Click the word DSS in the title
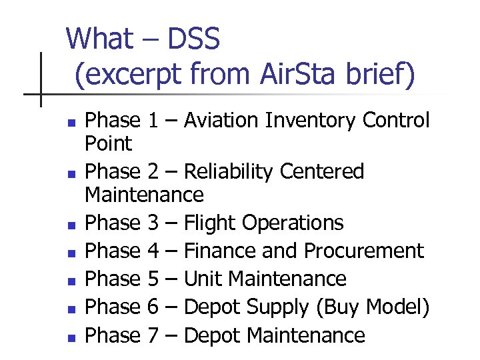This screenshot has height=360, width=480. point(193,40)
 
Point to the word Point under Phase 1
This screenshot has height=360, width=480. point(109,143)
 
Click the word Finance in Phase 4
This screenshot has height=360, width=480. point(217,251)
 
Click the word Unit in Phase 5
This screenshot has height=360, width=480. point(199,279)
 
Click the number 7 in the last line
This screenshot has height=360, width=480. point(153,335)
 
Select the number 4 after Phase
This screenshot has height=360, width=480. point(153,251)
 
